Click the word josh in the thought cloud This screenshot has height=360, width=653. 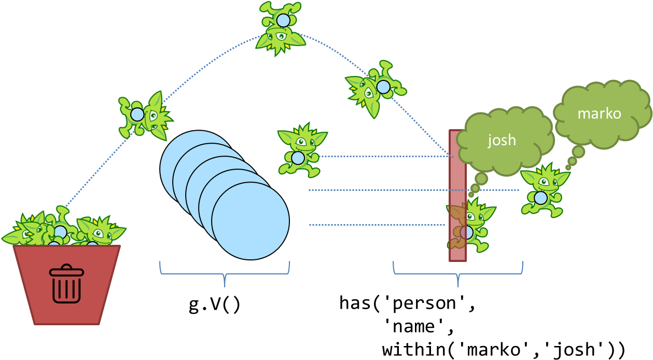(502, 140)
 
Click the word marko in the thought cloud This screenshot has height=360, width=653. (599, 114)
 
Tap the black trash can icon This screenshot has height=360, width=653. (66, 284)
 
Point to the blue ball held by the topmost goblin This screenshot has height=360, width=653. (283, 21)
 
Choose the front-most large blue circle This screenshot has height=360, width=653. (251, 221)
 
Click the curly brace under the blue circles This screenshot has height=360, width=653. (225, 272)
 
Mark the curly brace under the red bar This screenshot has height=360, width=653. (458, 272)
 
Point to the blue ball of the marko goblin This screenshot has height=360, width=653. (540, 198)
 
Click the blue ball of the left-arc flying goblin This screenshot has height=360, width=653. (137, 115)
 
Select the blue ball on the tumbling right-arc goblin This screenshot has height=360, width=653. (383, 87)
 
